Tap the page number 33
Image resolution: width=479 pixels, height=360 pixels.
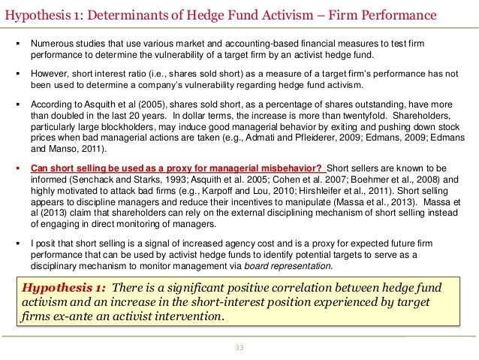[x=239, y=346]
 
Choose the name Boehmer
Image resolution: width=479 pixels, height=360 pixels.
[x=362, y=180]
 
